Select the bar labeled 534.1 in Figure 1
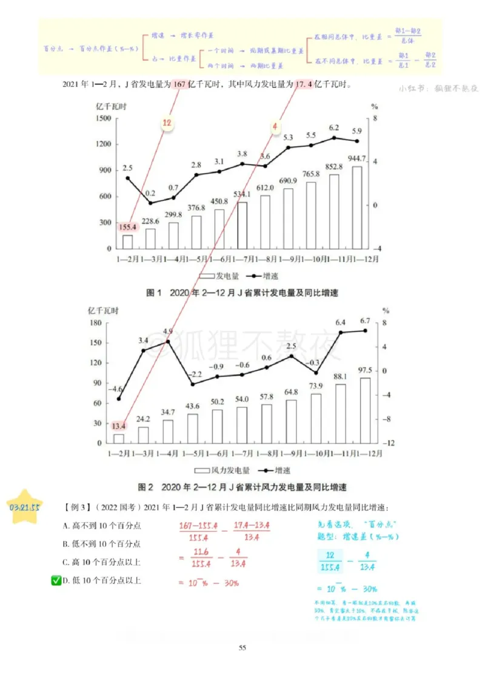coord(242,225)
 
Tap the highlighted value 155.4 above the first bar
coord(127,227)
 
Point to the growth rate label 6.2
coord(334,127)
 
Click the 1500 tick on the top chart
coord(103,118)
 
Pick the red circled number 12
coord(168,124)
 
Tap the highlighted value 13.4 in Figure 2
coord(119,426)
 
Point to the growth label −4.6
coord(116,389)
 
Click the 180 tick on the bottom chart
coord(96,322)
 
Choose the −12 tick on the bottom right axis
coord(389,443)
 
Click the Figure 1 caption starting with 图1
coord(242,293)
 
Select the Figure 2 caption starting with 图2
coord(242,487)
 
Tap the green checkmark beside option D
coord(55,581)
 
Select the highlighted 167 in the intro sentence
coord(179,84)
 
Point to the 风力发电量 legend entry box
coord(201,470)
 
